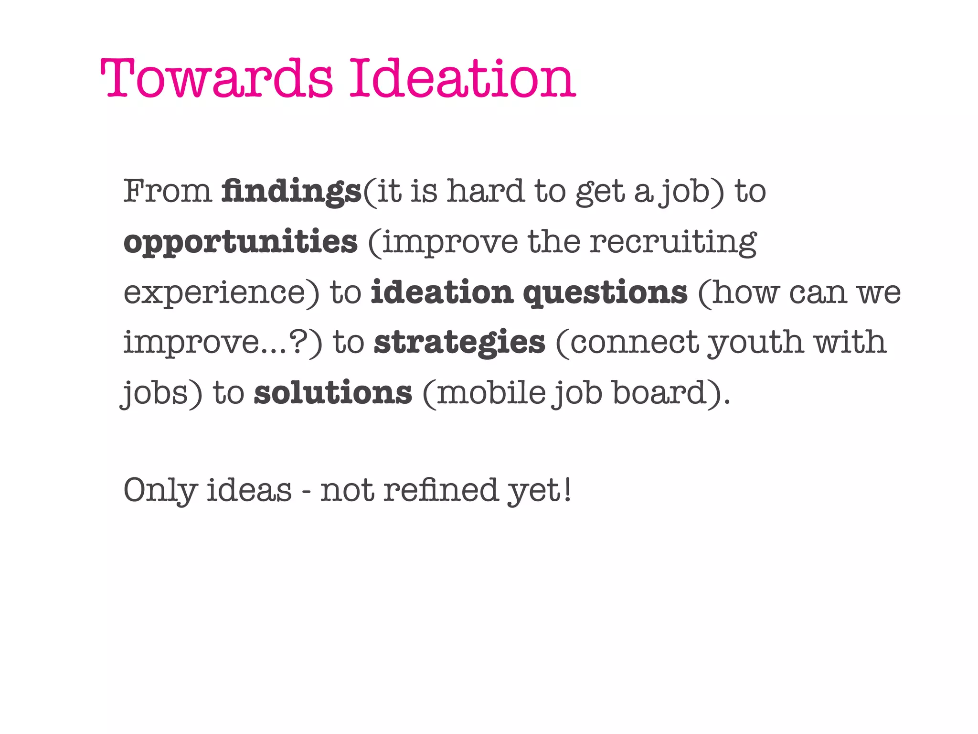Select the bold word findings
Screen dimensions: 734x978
tap(291, 191)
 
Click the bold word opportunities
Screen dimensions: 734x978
tap(240, 242)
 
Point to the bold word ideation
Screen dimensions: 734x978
tap(442, 292)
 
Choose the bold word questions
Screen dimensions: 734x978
tap(605, 293)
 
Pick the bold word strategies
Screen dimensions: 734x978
tap(459, 343)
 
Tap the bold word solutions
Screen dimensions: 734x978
tap(332, 393)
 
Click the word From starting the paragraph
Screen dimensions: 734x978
tap(167, 191)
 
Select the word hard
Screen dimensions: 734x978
tap(485, 191)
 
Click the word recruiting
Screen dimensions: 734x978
tap(673, 242)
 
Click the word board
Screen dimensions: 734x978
tap(659, 393)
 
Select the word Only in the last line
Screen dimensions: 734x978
tap(160, 491)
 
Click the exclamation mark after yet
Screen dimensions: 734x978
tap(567, 490)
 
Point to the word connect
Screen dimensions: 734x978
tap(635, 343)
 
